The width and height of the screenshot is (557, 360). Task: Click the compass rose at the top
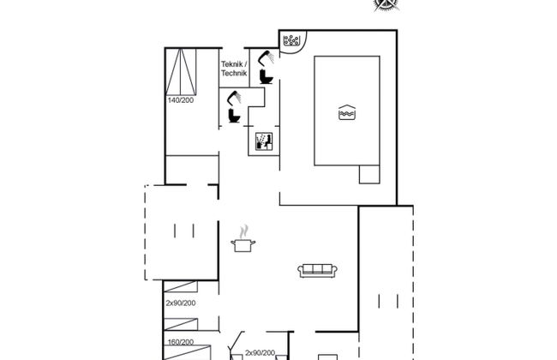(x=386, y=5)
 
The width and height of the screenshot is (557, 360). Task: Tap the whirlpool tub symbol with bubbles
(x=291, y=40)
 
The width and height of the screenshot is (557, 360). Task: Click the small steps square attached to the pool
(x=369, y=175)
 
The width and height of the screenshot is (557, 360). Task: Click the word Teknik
(x=232, y=64)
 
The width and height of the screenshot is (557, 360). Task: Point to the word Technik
(x=234, y=73)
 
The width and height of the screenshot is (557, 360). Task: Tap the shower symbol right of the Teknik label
(x=266, y=58)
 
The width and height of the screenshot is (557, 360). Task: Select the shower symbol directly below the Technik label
(x=234, y=98)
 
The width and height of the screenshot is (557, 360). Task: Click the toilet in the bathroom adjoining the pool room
(x=266, y=77)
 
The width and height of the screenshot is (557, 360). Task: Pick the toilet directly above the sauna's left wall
(x=235, y=116)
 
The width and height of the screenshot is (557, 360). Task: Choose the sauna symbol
(x=264, y=141)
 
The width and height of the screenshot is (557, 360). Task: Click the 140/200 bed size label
(x=181, y=100)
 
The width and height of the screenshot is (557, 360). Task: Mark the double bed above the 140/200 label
(x=181, y=72)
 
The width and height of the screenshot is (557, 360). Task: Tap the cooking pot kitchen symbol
(x=243, y=245)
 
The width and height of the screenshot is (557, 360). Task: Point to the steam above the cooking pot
(x=243, y=231)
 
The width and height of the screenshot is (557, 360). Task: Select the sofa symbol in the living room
(x=318, y=271)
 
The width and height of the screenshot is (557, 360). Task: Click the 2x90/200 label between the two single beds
(x=181, y=303)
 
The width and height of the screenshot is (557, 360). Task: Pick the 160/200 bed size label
(x=181, y=342)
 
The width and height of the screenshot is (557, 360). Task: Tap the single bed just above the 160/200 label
(x=181, y=325)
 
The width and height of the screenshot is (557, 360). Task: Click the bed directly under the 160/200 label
(x=187, y=352)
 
